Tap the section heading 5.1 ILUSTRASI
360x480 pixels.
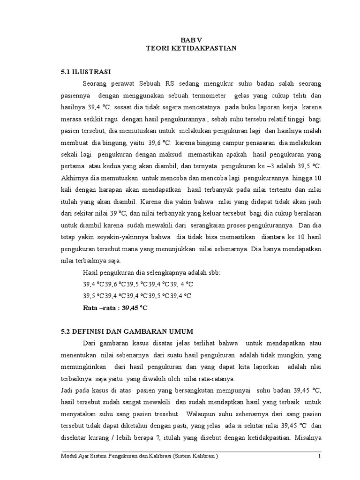pos(85,72)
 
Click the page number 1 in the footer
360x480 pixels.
pos(319,456)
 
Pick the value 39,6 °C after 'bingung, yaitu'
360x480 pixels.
pos(161,142)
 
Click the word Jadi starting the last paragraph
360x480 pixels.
pos(67,390)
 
